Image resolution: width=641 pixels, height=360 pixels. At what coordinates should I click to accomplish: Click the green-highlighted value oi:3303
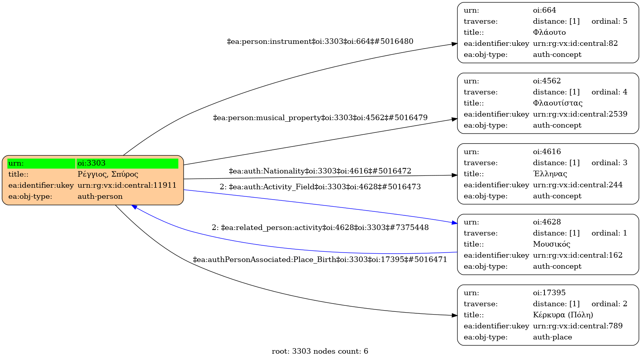(x=91, y=163)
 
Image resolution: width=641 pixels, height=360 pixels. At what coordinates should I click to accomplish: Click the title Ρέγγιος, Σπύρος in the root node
(x=108, y=174)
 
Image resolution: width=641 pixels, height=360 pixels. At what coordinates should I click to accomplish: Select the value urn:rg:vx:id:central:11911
(x=127, y=185)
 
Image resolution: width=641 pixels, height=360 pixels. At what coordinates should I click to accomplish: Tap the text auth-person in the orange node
(x=100, y=196)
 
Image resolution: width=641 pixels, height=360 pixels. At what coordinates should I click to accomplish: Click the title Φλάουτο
(x=549, y=32)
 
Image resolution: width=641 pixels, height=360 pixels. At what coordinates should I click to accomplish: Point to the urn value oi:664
(x=544, y=10)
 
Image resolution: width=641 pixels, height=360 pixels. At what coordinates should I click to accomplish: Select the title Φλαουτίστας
(x=558, y=103)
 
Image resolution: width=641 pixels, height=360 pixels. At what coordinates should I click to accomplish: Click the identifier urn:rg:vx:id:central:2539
(x=580, y=114)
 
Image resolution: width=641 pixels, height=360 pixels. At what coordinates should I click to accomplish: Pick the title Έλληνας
(x=550, y=174)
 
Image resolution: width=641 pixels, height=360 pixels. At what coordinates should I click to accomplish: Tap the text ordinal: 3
(x=609, y=163)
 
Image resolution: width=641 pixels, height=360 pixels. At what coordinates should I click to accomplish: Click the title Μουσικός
(x=552, y=244)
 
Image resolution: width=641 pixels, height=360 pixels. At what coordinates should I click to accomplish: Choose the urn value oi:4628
(x=547, y=222)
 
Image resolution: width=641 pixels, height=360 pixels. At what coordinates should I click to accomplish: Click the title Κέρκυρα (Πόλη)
(x=563, y=315)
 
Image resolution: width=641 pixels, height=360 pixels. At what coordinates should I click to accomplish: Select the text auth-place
(x=552, y=337)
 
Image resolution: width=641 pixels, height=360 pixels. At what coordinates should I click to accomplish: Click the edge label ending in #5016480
(x=320, y=41)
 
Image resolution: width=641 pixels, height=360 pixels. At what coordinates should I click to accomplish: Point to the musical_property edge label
(x=320, y=118)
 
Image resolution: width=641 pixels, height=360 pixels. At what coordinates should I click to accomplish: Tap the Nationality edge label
(x=320, y=171)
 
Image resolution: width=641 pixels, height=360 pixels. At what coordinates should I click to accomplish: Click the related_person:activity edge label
(x=320, y=228)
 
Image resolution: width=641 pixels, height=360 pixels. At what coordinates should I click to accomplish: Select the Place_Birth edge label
(x=320, y=260)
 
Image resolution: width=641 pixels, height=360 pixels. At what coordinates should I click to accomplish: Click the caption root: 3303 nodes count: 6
(x=320, y=351)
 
